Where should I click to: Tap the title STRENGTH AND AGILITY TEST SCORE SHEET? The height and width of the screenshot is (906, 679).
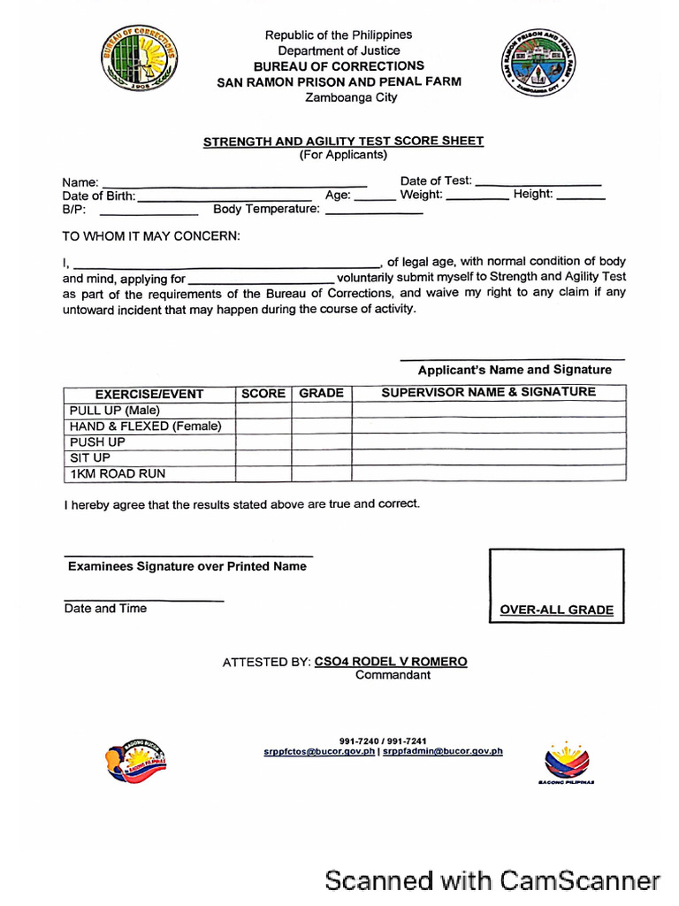tap(343, 141)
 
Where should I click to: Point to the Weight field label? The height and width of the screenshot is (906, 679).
tap(421, 195)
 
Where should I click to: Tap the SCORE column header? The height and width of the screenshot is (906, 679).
tap(263, 394)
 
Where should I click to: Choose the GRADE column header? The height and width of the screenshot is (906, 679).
tap(321, 393)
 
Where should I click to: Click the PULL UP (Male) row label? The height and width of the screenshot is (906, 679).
tap(114, 411)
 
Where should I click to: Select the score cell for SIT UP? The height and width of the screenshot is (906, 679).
tap(263, 457)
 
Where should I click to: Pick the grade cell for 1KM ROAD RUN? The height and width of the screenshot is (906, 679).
tap(321, 473)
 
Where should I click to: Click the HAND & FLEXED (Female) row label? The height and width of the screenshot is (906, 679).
tap(145, 426)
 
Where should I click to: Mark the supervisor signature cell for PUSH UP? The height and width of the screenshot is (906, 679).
tap(488, 441)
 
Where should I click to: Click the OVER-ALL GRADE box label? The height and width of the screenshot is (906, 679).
tap(556, 610)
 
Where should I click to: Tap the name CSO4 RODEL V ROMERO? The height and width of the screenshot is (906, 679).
tap(391, 662)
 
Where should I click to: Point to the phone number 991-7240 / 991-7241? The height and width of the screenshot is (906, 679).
tap(383, 741)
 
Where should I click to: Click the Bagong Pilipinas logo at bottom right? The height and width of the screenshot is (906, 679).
tap(566, 762)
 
